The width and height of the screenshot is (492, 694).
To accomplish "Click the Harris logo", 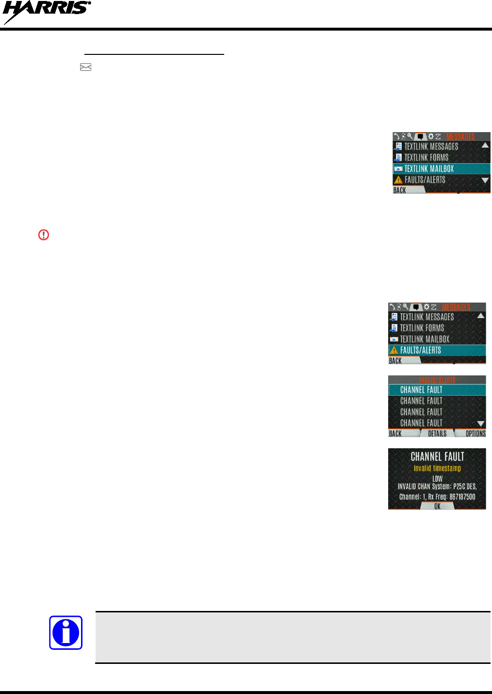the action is click(x=46, y=13).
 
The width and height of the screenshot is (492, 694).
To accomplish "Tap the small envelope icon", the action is click(x=86, y=67).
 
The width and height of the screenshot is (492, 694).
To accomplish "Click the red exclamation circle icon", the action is click(x=44, y=235).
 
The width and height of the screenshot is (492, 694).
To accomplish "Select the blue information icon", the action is click(x=66, y=633).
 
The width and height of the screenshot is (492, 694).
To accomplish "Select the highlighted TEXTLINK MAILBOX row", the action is click(x=441, y=169).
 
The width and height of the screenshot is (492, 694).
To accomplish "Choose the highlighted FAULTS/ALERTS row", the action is click(x=437, y=350).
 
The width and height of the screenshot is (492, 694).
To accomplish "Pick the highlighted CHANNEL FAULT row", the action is click(x=437, y=389).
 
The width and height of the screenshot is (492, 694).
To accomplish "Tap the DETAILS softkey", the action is click(x=437, y=434).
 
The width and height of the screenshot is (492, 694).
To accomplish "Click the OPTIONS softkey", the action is click(x=475, y=434).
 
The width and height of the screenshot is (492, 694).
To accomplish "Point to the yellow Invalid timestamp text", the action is click(x=437, y=468).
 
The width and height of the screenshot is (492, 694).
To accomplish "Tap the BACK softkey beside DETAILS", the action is click(x=395, y=434).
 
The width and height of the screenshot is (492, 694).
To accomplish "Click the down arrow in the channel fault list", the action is click(x=481, y=423).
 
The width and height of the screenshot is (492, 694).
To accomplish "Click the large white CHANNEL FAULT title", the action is click(x=437, y=457).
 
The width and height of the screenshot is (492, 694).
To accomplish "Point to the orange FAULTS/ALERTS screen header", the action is click(x=437, y=380).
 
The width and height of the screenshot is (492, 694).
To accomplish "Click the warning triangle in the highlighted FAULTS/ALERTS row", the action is click(x=394, y=350).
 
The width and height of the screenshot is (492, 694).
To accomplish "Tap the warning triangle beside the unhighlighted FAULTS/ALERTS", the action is click(x=398, y=180).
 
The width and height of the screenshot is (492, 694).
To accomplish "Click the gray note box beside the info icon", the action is click(x=293, y=637).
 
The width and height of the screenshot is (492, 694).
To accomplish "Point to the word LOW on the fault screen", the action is click(x=437, y=478).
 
